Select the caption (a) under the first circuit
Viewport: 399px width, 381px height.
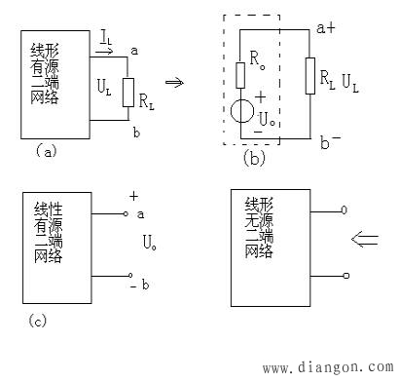tap(44, 150)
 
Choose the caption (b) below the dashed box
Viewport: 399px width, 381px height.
tap(254, 157)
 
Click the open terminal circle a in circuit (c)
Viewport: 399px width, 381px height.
tap(127, 213)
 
